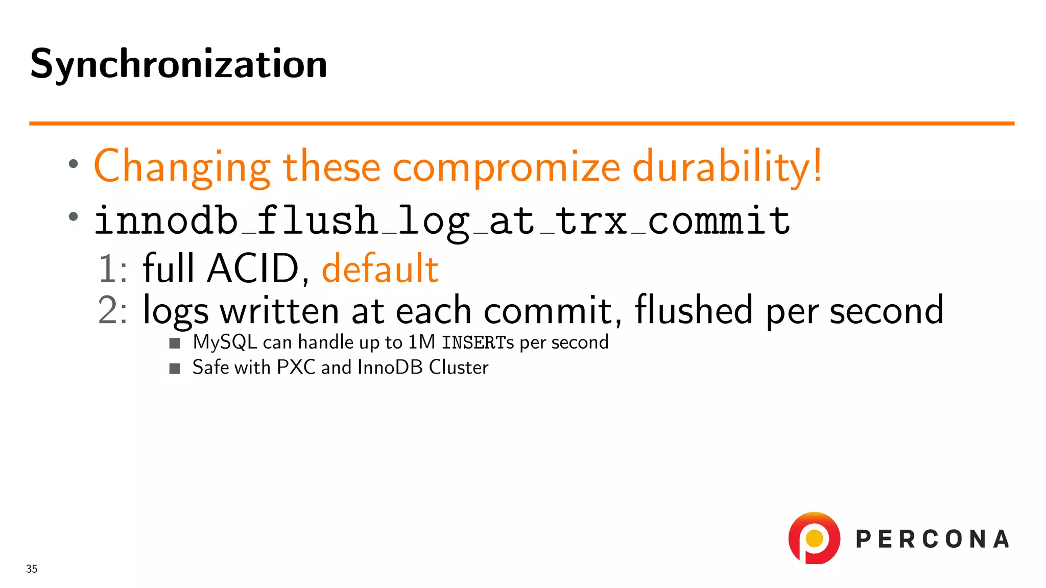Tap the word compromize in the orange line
[x=506, y=167]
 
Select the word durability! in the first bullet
[x=727, y=167]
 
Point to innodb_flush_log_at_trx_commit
[x=442, y=221]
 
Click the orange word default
[x=380, y=269]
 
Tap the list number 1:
[x=112, y=269]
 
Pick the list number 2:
[x=112, y=310]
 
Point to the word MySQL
[x=225, y=342]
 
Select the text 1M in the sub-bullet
[x=421, y=342]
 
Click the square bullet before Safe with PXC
[x=175, y=369]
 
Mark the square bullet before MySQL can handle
[x=175, y=343]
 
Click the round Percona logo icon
[x=814, y=538]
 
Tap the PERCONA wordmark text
[x=932, y=540]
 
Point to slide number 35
[x=32, y=569]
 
